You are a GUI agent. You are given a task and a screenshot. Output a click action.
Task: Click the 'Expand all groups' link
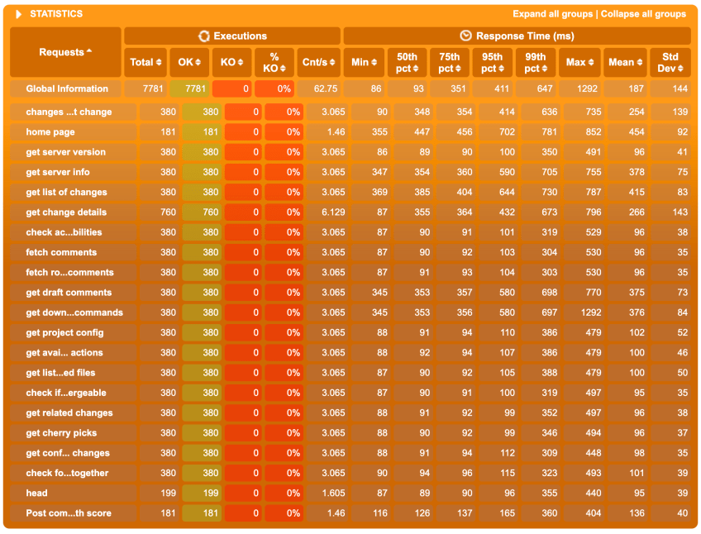(x=552, y=14)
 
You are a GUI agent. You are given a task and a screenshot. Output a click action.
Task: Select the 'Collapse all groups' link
(x=643, y=14)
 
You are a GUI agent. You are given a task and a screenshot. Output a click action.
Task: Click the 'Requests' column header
(x=65, y=52)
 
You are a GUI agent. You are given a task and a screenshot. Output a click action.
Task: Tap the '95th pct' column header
(x=493, y=62)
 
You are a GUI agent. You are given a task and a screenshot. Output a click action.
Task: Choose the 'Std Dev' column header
(x=670, y=62)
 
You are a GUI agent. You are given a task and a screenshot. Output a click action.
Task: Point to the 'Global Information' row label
(x=67, y=89)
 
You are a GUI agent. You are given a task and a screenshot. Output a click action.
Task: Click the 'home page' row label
(x=50, y=132)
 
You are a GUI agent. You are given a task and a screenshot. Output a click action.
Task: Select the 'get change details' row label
(x=66, y=212)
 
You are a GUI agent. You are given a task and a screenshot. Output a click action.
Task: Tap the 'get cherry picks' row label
(x=61, y=433)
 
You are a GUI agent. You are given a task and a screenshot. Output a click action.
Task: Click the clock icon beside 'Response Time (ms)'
(x=466, y=36)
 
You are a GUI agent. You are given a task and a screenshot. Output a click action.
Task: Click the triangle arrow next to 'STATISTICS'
(x=18, y=14)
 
